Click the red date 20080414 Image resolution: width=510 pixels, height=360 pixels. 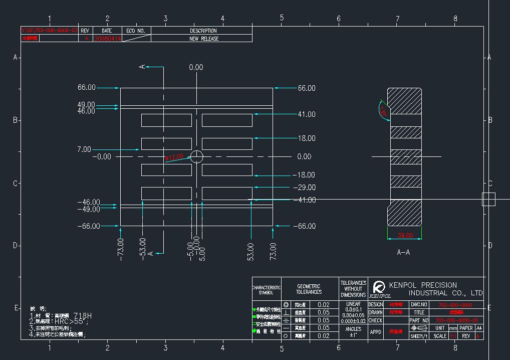(x=107, y=39)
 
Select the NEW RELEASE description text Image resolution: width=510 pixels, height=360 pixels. (x=203, y=39)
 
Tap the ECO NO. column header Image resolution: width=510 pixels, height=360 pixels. (x=135, y=31)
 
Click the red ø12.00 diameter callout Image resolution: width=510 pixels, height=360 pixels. (x=174, y=157)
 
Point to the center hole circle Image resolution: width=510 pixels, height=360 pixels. (x=197, y=156)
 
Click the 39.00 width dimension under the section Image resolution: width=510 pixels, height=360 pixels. (x=404, y=235)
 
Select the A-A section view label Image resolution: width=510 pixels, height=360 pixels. (x=403, y=252)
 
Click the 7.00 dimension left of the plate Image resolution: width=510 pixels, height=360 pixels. (x=84, y=149)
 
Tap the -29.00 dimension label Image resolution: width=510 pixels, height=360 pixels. (x=304, y=188)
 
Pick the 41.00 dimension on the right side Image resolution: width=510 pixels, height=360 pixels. (x=306, y=114)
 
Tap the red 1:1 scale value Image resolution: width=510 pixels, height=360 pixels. (x=453, y=336)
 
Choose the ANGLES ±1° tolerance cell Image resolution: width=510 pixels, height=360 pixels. (x=353, y=331)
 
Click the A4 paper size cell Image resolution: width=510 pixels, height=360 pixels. (x=479, y=328)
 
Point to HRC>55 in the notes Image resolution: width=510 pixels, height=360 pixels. (x=71, y=321)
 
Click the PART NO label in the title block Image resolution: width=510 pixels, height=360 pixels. (x=419, y=320)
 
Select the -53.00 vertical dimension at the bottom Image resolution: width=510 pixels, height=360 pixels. (x=143, y=248)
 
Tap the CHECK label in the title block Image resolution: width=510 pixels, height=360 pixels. (x=375, y=320)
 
